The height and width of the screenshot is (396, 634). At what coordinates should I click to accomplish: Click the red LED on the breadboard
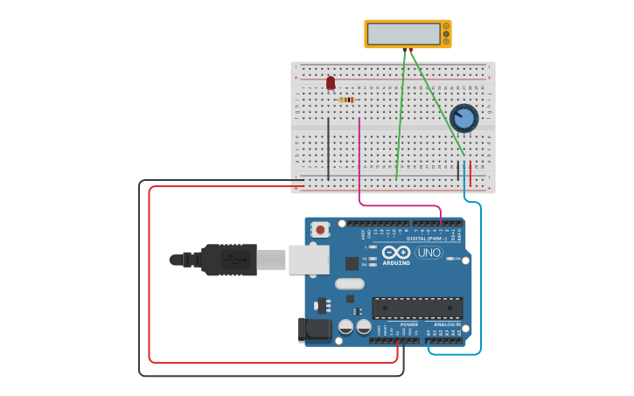[x=331, y=83]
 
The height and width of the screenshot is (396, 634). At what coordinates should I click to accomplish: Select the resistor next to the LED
[x=348, y=100]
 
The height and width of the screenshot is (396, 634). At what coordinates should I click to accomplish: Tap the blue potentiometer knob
[x=463, y=117]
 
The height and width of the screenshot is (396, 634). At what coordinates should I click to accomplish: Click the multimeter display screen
[x=404, y=34]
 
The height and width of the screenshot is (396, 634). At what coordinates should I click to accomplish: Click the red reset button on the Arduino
[x=321, y=230]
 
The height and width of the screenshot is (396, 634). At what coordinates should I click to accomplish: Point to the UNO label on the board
[x=428, y=253]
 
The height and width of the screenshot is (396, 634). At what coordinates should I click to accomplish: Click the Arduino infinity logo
[x=396, y=252]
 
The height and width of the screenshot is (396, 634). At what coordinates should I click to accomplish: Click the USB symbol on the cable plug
[x=230, y=260]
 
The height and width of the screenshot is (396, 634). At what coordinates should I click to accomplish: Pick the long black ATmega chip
[x=417, y=308]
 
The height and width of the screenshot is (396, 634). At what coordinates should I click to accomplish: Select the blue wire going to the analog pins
[x=480, y=280]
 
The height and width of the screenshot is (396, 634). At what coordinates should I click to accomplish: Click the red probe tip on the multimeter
[x=412, y=51]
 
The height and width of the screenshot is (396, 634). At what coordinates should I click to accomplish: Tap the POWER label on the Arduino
[x=408, y=324]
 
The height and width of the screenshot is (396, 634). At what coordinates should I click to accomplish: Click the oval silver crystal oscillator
[x=349, y=283]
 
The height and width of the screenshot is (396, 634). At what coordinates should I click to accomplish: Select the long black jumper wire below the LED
[x=329, y=149]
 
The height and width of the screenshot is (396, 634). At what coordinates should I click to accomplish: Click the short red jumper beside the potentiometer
[x=470, y=174]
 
